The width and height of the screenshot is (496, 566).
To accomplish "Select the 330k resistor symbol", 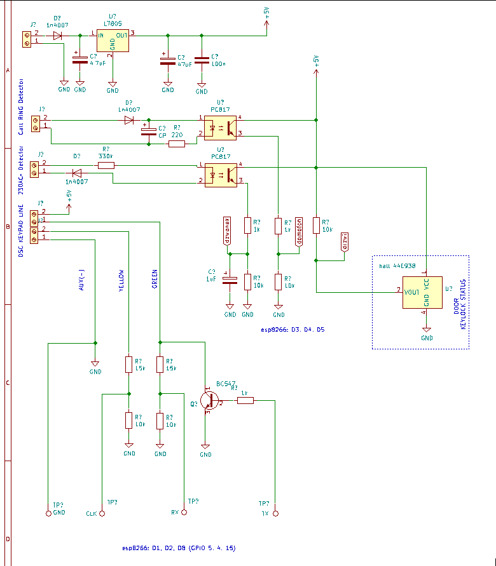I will pyautogui.click(x=106, y=166).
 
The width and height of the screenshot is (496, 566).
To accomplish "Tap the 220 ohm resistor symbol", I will pyautogui.click(x=176, y=144).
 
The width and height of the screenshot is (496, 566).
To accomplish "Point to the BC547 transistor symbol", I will pyautogui.click(x=209, y=400).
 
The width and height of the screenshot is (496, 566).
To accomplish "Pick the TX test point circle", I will pyautogui.click(x=275, y=513).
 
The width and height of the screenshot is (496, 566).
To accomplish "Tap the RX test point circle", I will pyautogui.click(x=184, y=512).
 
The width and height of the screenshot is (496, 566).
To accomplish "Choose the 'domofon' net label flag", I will pyautogui.click(x=299, y=231).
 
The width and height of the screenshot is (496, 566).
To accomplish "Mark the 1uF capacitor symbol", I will pyautogui.click(x=230, y=279).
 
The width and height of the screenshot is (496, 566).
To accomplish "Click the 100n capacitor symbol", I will pyautogui.click(x=202, y=61).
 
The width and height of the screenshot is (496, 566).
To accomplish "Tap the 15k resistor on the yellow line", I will pyautogui.click(x=129, y=365).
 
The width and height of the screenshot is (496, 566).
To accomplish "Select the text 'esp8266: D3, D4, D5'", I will pyautogui.click(x=293, y=330).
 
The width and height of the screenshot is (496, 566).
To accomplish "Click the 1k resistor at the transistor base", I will pyautogui.click(x=245, y=400).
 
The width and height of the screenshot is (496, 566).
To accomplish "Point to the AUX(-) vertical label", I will pyautogui.click(x=81, y=278).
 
